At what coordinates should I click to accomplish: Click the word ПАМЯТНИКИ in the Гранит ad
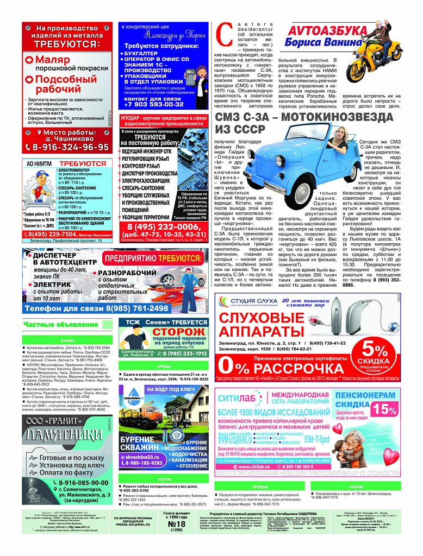pyautogui.click(x=67, y=435)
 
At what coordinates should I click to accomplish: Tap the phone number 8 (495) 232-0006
pyautogui.click(x=163, y=227)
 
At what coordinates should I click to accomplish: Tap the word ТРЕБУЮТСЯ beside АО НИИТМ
pyautogui.click(x=83, y=163)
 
